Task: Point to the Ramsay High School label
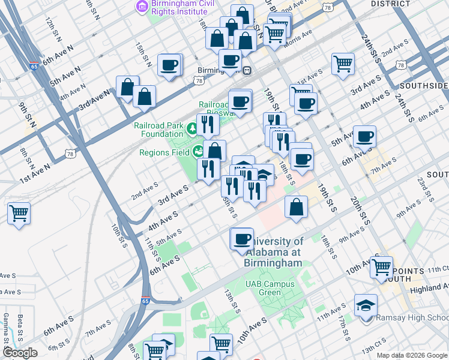[x=412, y=318]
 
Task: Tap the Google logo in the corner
[x=19, y=353]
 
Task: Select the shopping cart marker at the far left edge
[x=19, y=213]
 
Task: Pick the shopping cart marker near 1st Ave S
[x=343, y=63]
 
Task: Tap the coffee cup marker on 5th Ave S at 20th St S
[x=364, y=137]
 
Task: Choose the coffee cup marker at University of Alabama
[x=242, y=239]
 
